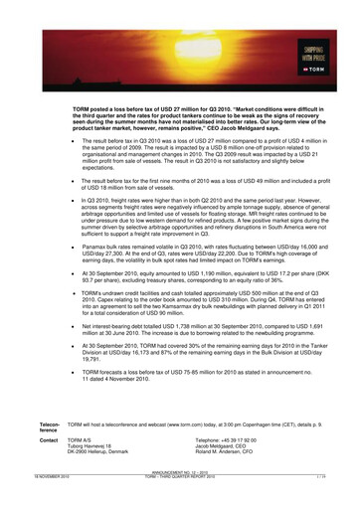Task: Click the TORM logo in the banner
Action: point(313,68)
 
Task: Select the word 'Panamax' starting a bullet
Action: point(97,255)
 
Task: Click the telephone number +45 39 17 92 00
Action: point(236,439)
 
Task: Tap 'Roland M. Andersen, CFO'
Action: point(240,452)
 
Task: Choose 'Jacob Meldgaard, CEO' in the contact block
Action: point(235,446)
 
